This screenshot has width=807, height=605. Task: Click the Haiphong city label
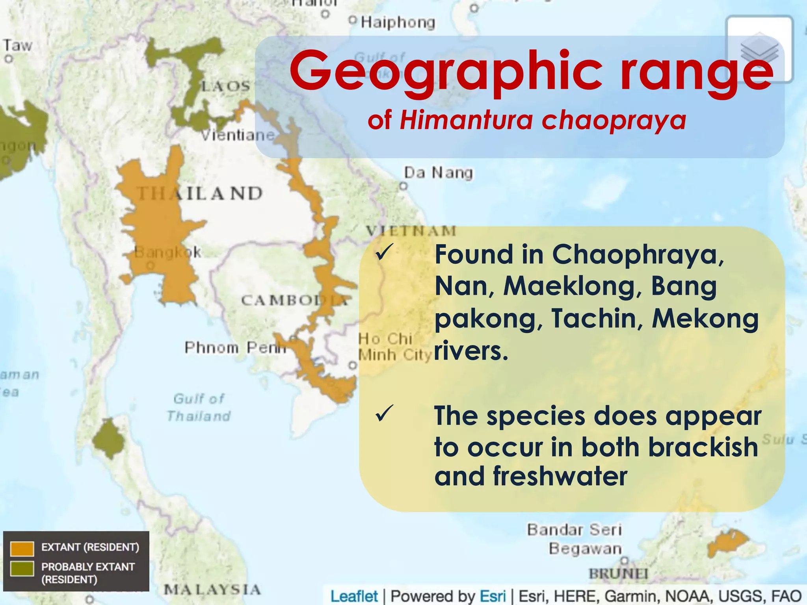(398, 22)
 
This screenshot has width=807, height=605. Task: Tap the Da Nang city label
(438, 173)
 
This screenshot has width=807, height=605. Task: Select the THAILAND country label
(199, 193)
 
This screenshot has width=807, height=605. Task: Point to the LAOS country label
(226, 86)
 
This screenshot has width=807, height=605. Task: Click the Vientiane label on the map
(238, 135)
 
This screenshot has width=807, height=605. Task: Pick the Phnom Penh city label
(235, 347)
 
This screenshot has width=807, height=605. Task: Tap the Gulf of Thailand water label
(199, 407)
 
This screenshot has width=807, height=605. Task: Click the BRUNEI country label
(618, 573)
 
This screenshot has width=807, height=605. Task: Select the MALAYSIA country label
(212, 590)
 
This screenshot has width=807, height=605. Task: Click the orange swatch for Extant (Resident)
(22, 548)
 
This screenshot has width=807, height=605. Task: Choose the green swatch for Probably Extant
(22, 568)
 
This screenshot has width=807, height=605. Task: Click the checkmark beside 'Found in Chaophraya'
(384, 252)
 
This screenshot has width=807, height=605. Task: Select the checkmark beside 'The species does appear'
(384, 414)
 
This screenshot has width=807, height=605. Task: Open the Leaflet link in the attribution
(354, 596)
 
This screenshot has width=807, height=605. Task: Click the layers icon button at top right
(759, 49)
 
